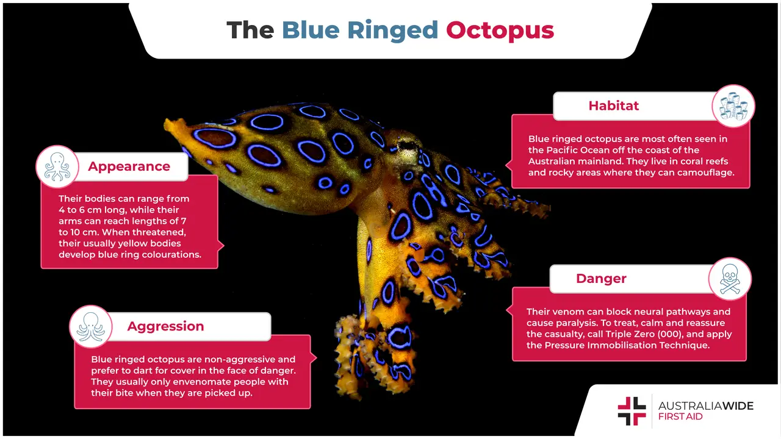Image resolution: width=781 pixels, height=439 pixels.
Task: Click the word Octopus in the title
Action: pyautogui.click(x=500, y=30)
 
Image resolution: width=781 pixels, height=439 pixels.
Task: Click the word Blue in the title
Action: pyautogui.click(x=311, y=30)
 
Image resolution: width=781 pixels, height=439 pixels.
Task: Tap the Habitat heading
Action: pyautogui.click(x=613, y=105)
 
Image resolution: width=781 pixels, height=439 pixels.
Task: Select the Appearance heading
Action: pyautogui.click(x=129, y=166)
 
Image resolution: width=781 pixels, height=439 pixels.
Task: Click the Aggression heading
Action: pyautogui.click(x=165, y=326)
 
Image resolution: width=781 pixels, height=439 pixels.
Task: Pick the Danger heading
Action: pyautogui.click(x=601, y=279)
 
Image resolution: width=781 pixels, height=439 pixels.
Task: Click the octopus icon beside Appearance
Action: pyautogui.click(x=57, y=166)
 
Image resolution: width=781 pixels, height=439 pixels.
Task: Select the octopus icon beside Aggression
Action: pyautogui.click(x=90, y=326)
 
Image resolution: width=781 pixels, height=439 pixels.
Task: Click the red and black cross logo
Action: pyautogui.click(x=632, y=411)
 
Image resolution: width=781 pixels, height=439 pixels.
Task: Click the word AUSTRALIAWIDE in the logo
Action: pyautogui.click(x=705, y=405)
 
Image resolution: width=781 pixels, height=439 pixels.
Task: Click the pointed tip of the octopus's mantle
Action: pyautogui.click(x=168, y=124)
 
